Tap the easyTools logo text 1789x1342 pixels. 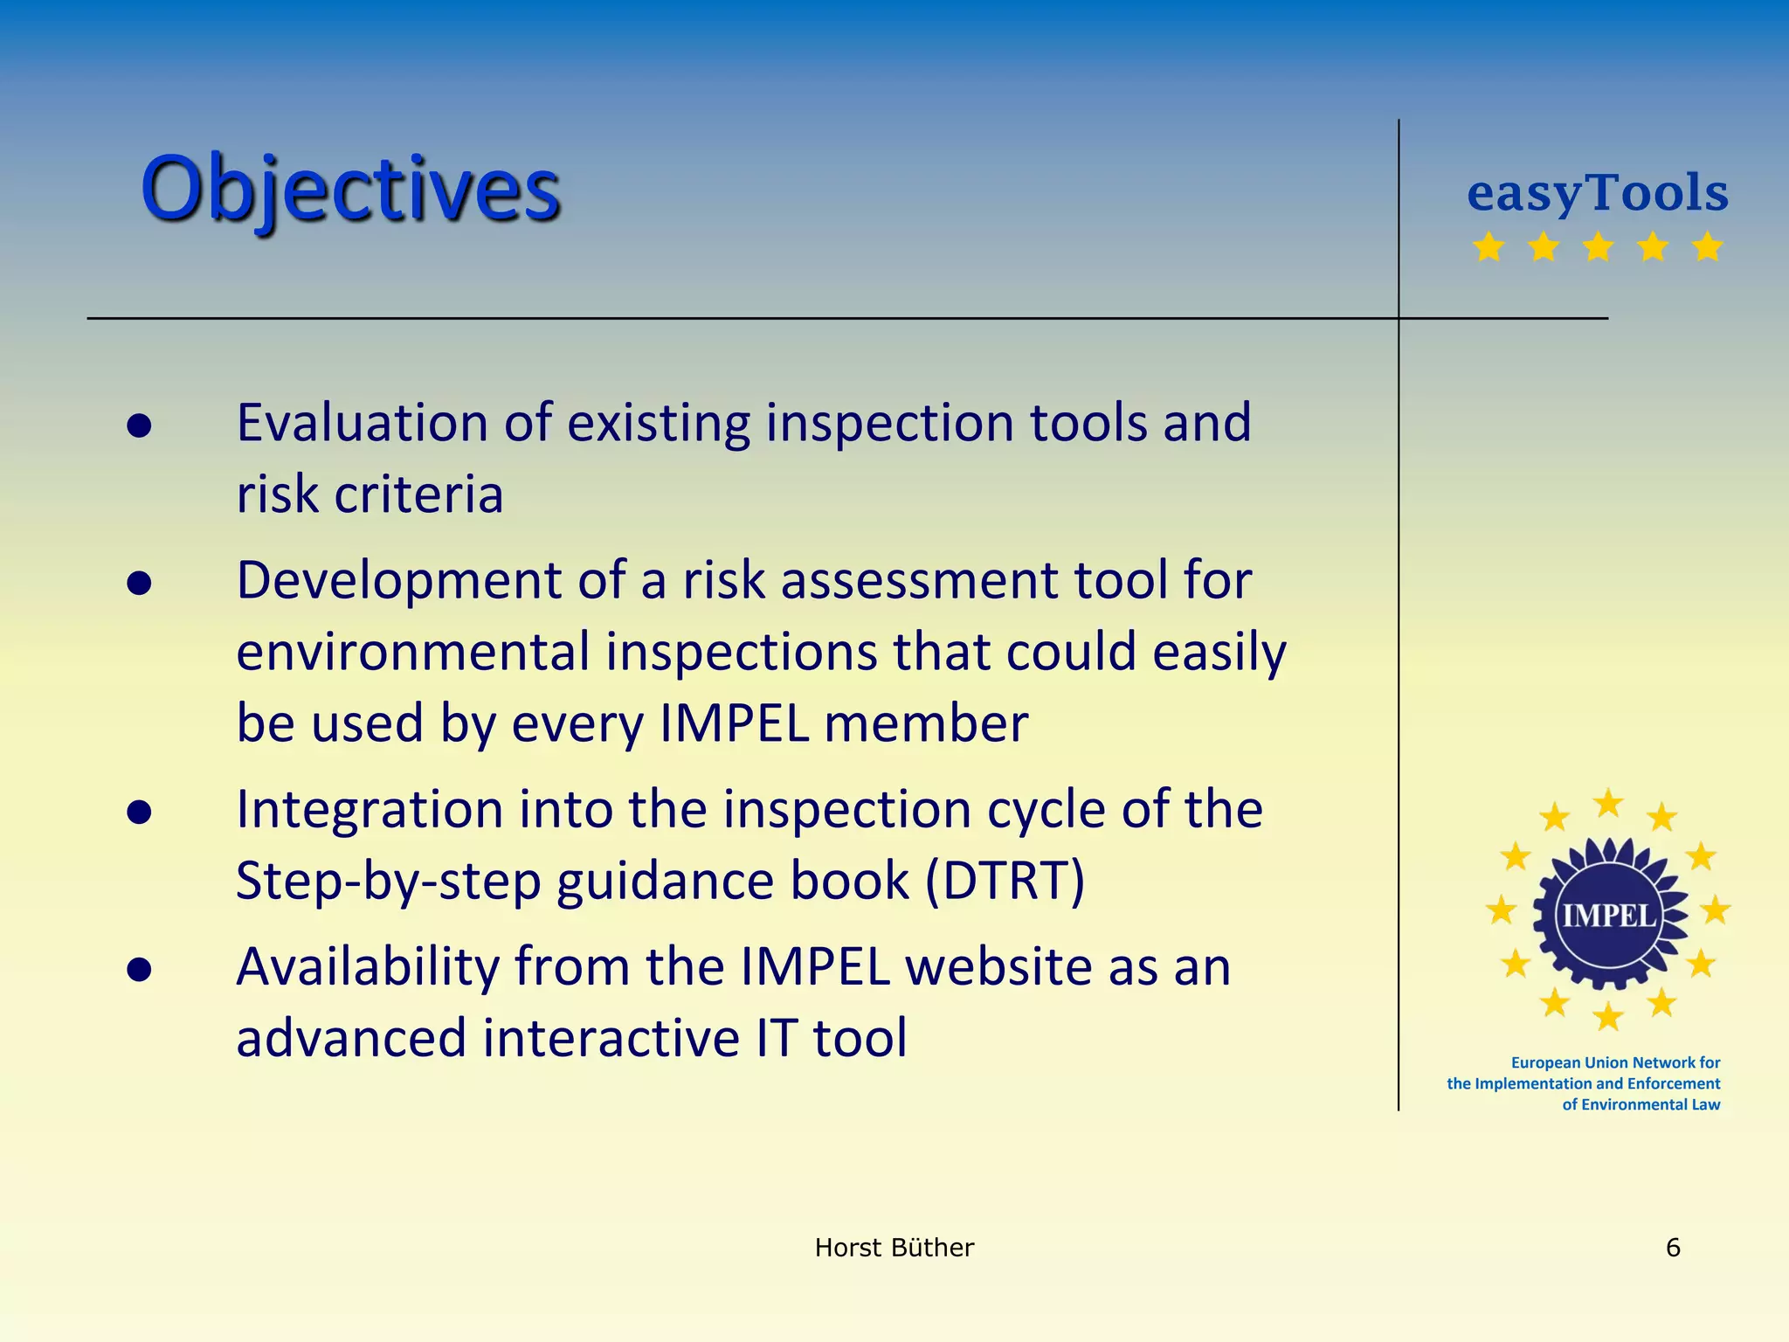tap(1597, 192)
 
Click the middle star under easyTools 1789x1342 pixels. tap(1598, 247)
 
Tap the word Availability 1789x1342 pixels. tap(367, 967)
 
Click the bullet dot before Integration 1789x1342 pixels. tap(139, 813)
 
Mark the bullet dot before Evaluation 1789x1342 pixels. tap(139, 425)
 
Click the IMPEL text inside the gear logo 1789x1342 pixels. tap(1608, 916)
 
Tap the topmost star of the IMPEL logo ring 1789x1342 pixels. tap(1608, 802)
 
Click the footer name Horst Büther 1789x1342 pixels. tap(894, 1248)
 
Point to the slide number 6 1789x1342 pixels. tap(1673, 1248)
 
